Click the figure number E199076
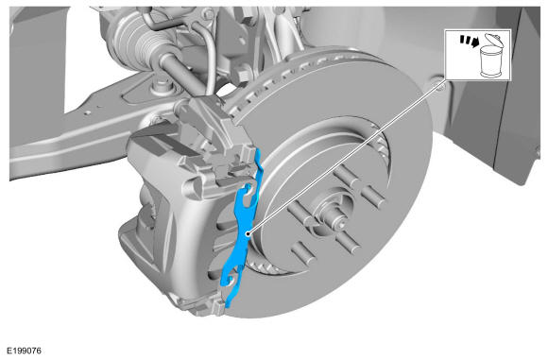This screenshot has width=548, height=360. (25, 351)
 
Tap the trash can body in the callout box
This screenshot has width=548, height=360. (491, 61)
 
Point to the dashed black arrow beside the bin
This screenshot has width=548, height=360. (469, 41)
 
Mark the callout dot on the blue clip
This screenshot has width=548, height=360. (248, 233)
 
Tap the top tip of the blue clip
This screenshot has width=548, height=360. (258, 149)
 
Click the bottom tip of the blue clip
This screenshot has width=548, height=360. (228, 306)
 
